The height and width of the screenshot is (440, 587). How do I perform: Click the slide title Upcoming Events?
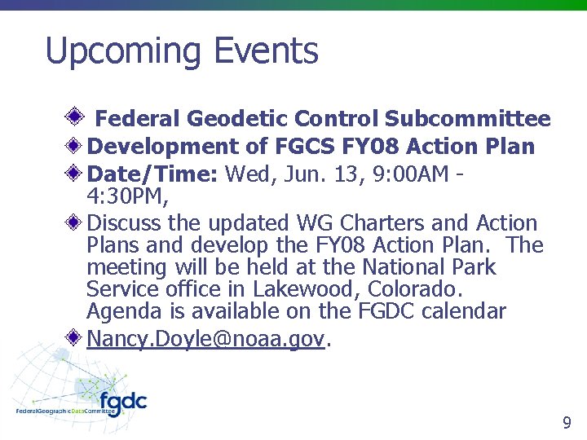click(182, 51)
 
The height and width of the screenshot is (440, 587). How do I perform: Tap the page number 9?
click(567, 423)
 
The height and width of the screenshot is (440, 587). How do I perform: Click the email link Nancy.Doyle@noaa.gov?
click(207, 338)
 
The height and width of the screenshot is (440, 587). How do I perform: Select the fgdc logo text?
click(122, 403)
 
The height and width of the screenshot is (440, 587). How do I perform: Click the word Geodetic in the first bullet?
click(236, 119)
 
